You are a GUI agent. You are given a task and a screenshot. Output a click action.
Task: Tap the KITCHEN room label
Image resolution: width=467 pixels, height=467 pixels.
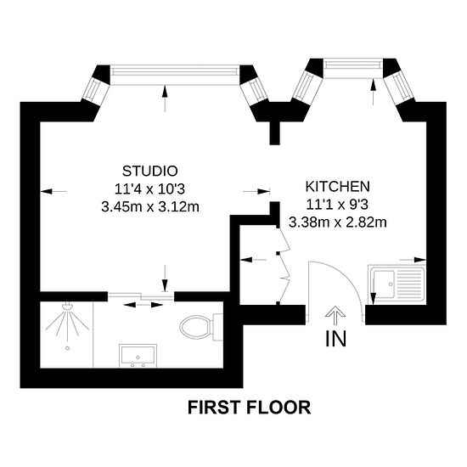(337, 186)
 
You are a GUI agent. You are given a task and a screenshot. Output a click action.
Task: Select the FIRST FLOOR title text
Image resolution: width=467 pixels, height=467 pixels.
(249, 407)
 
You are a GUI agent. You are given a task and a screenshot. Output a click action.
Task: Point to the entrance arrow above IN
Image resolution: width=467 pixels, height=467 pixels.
(336, 316)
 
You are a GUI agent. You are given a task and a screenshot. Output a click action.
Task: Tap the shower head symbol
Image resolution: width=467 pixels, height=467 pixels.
(66, 324)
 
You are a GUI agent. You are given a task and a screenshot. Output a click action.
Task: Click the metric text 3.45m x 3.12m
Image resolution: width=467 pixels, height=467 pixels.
(149, 205)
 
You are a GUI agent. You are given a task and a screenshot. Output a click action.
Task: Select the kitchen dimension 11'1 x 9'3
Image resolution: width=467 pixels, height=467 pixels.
(337, 205)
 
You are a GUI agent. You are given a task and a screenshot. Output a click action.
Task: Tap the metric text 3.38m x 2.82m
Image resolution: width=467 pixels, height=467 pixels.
(337, 223)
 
